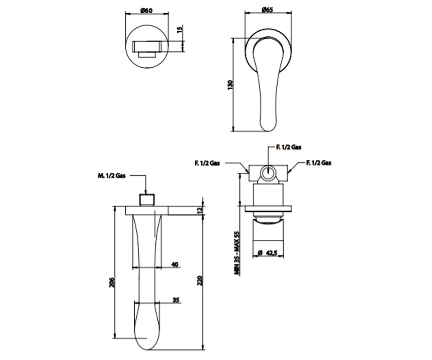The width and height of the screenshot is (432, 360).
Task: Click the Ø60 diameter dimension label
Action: [x=147, y=10]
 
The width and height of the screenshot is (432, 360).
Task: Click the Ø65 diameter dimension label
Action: [x=267, y=9]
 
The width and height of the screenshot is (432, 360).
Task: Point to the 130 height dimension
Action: [x=230, y=85]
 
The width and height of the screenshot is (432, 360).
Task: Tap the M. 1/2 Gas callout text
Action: [x=112, y=176]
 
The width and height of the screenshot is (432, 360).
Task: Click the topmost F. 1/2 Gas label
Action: [x=289, y=147]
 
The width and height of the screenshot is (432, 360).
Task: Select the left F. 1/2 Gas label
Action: [x=207, y=163]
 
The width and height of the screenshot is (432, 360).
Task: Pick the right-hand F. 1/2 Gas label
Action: [x=319, y=163]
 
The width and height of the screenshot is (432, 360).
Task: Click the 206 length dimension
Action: [x=111, y=282]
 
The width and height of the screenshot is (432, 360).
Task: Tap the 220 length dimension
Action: [x=199, y=280]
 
